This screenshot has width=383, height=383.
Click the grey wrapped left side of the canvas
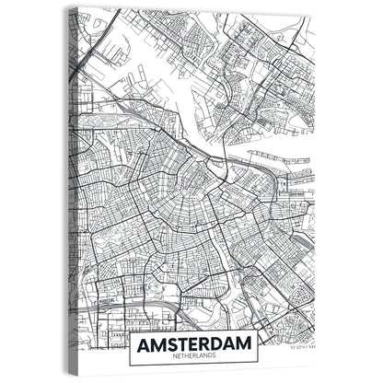tap(72, 184)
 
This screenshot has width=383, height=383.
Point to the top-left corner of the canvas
tap(79, 8)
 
